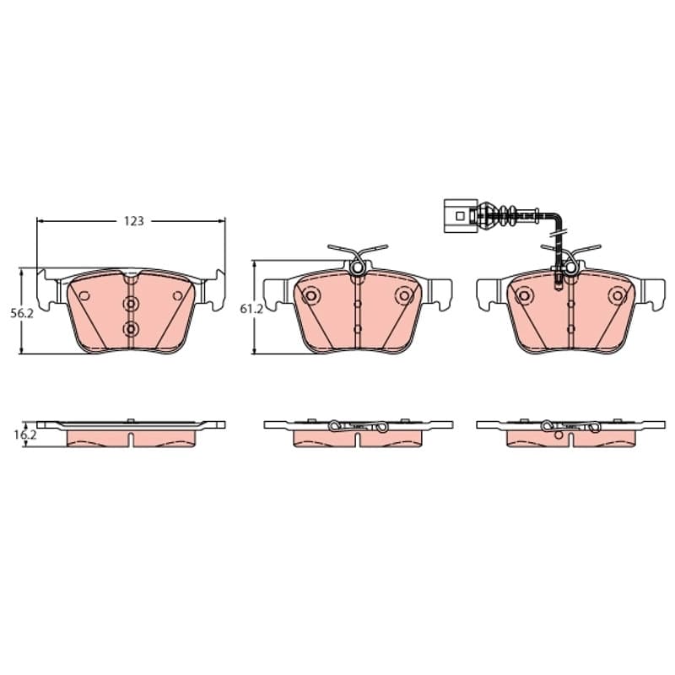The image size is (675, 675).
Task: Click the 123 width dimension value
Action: tap(134, 221)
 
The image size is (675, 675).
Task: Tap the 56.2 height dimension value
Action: tap(22, 314)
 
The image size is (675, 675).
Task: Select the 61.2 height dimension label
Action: tap(251, 309)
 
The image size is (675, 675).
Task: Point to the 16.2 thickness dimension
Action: tap(25, 435)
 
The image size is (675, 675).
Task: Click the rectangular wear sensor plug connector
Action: tap(460, 216)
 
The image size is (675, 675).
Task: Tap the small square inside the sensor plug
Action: tap(460, 215)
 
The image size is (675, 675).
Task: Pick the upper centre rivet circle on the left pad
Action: tap(132, 304)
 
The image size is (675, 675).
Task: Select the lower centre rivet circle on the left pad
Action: tap(132, 329)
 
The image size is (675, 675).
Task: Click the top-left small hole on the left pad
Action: tap(84, 296)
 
